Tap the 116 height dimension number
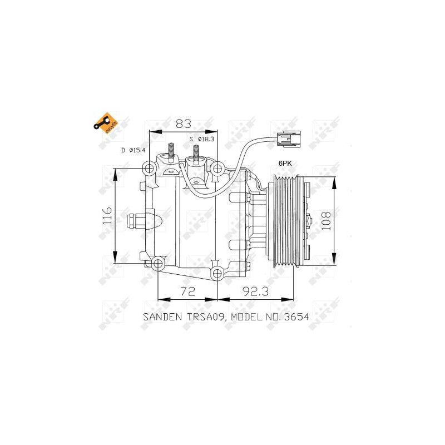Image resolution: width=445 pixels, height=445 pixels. [107, 216]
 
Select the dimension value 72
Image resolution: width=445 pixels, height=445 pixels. [187, 290]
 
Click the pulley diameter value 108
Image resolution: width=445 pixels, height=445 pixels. [327, 221]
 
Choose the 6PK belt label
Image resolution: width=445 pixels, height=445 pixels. [285, 164]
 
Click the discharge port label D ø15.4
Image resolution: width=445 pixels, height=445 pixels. [133, 150]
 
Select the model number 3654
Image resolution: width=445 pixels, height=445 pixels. [295, 317]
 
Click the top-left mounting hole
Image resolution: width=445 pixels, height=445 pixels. [149, 169]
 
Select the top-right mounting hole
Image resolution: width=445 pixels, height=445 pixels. [217, 169]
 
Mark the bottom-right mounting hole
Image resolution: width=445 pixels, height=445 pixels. [217, 273]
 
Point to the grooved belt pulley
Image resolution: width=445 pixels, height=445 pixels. [285, 221]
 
